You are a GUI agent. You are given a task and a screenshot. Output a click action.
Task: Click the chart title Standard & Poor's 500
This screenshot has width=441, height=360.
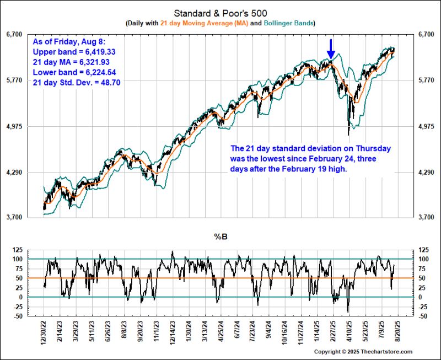(220, 13)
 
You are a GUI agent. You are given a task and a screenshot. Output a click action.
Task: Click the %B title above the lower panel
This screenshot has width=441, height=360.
(220, 237)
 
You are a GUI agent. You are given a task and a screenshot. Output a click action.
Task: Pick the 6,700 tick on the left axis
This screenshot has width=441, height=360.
(14, 34)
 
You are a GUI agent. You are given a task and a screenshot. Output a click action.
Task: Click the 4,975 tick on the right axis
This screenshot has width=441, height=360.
(427, 127)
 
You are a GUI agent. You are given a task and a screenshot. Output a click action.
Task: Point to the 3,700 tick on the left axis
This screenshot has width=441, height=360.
(14, 218)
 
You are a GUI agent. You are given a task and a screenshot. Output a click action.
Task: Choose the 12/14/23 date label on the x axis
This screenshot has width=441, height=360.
(173, 335)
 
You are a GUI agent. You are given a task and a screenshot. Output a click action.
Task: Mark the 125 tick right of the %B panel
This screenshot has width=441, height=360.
(423, 249)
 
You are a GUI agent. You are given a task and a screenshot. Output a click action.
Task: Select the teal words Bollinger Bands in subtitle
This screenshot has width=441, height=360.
(289, 23)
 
